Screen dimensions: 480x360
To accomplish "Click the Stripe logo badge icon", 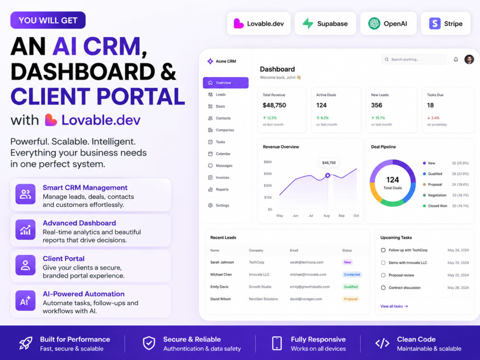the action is click(435, 23).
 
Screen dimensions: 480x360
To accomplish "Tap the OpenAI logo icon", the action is click(374, 23).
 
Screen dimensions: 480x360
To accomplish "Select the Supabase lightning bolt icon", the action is click(308, 23).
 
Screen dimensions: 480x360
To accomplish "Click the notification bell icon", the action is click(456, 60).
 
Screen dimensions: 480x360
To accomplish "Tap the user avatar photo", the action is click(469, 60).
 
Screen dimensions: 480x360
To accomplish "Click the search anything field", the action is click(414, 60).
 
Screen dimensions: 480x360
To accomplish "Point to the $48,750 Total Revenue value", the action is click(274, 105).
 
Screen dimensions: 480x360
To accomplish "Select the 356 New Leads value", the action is click(376, 105).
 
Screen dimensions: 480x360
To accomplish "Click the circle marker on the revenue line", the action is click(327, 175).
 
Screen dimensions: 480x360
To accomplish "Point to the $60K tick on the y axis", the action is click(268, 162).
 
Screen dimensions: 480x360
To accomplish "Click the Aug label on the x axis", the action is click(326, 216).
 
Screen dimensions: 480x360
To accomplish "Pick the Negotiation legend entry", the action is click(435, 195).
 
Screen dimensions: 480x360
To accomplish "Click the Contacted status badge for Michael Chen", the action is click(352, 275).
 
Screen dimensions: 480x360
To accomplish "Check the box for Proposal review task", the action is click(383, 275).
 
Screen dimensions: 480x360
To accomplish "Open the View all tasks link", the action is click(394, 306).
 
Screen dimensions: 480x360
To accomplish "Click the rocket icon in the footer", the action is click(26, 344).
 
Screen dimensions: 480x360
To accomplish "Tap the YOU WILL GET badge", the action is click(48, 20).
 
